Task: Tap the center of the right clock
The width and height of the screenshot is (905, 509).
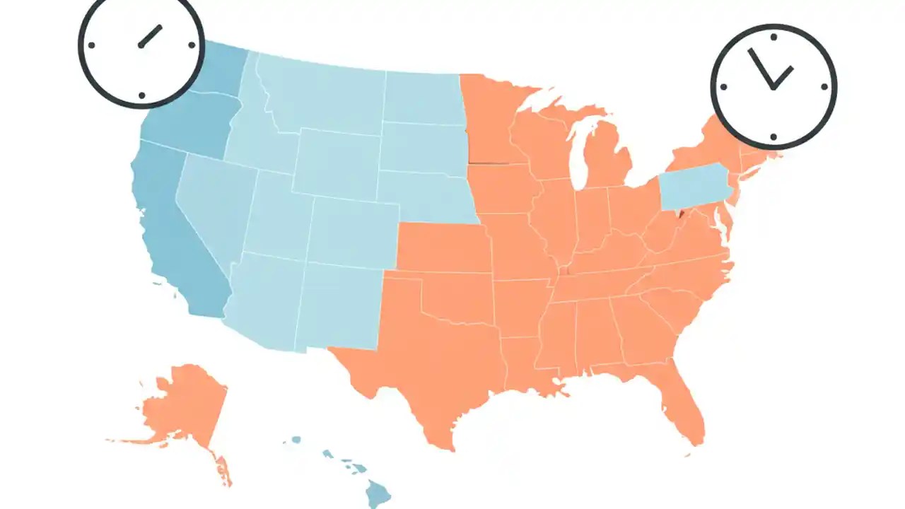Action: pos(773,88)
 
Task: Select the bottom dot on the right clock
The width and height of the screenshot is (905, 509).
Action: pos(773,136)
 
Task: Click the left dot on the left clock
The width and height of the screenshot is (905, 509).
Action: pos(92,45)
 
